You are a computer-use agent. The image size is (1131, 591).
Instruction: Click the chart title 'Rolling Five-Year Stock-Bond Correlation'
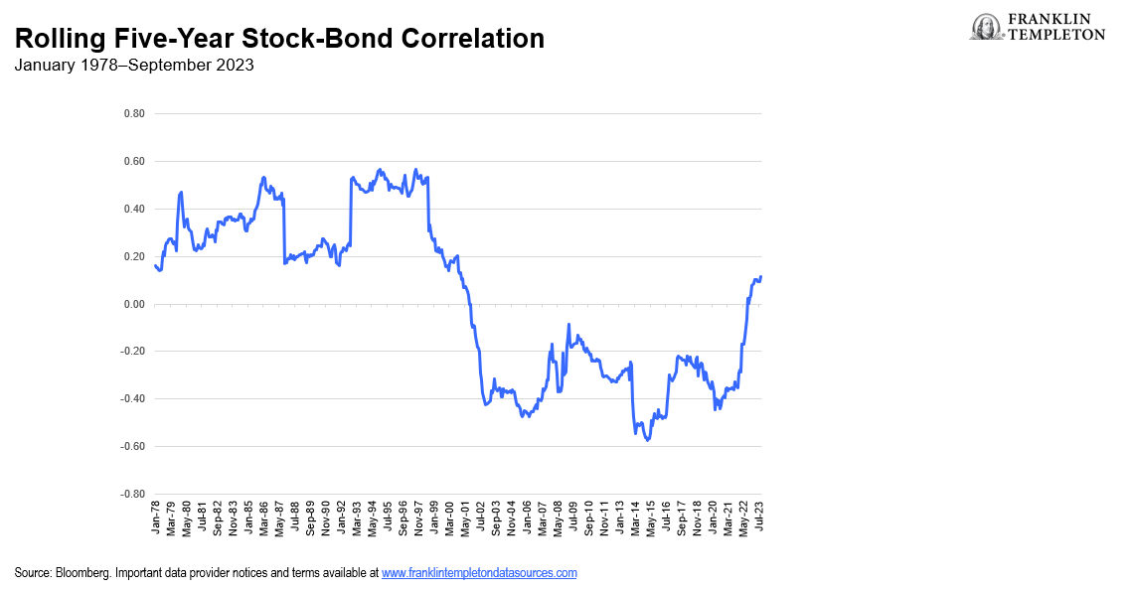[279, 39]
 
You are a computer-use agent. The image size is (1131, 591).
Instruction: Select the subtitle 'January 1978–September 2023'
[134, 66]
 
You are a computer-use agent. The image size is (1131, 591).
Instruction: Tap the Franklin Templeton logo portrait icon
[987, 27]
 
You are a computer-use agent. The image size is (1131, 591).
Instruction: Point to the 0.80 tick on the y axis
[134, 114]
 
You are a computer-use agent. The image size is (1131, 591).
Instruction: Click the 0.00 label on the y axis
[134, 304]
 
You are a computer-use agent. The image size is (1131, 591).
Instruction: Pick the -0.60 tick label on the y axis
[132, 447]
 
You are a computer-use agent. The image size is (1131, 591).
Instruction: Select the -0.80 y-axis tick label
[132, 494]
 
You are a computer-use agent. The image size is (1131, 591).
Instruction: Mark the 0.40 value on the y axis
[134, 210]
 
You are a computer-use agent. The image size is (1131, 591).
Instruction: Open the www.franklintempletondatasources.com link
[479, 573]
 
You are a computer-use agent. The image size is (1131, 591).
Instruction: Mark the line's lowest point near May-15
[648, 439]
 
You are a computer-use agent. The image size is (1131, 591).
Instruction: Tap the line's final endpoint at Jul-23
[761, 277]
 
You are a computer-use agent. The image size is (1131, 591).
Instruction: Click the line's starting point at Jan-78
[155, 265]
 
